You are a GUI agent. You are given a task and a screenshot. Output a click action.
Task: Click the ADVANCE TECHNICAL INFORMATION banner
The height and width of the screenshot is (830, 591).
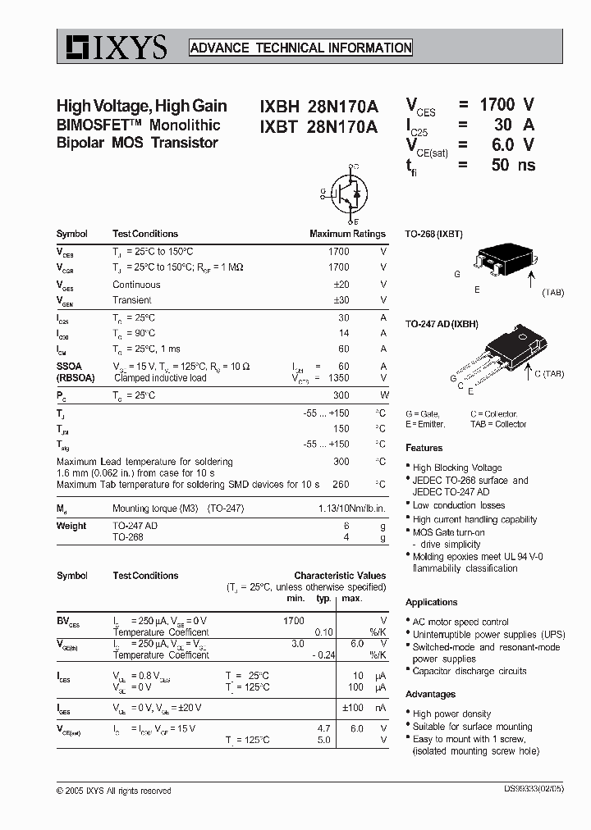tap(300, 48)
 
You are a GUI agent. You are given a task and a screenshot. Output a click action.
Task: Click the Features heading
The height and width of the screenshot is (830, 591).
tap(424, 448)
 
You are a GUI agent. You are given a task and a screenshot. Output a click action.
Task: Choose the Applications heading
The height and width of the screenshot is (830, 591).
tap(431, 602)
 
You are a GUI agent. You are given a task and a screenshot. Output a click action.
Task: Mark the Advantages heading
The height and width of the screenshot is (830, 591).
tap(430, 695)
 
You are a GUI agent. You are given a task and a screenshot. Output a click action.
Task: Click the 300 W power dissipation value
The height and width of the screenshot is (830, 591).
tap(341, 395)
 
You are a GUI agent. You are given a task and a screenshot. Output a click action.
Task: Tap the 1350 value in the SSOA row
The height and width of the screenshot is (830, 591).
tap(337, 378)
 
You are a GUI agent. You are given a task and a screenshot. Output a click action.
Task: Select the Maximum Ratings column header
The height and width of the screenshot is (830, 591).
tap(347, 234)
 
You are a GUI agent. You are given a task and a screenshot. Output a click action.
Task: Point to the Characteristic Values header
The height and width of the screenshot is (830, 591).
tap(340, 576)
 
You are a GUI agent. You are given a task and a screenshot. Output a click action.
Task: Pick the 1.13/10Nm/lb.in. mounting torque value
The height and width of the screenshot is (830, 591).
tap(351, 508)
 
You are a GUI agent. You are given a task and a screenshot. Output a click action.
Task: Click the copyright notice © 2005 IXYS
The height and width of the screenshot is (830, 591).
tap(114, 791)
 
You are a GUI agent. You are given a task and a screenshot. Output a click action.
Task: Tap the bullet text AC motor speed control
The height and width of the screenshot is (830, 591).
tap(460, 622)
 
